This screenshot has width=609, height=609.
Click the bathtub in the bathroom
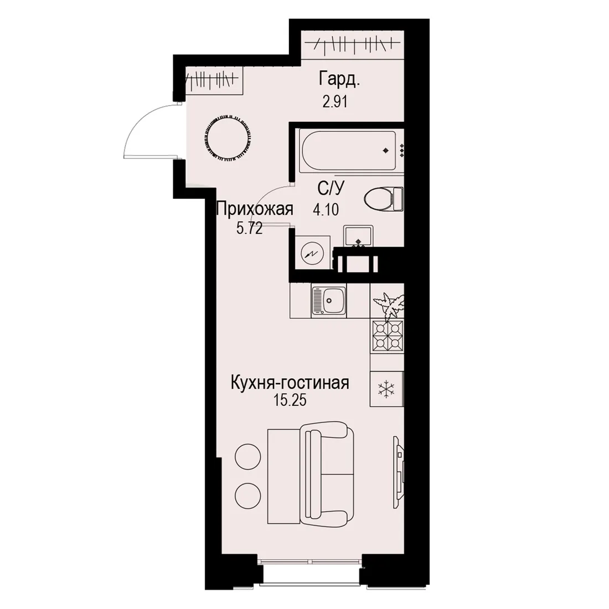point(349,151)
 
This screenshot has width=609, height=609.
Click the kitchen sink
point(328,301)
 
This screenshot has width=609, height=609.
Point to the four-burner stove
point(387,337)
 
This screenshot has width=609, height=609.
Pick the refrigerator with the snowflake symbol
point(387,389)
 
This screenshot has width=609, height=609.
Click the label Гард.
point(339,79)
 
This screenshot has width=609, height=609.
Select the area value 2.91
point(334,101)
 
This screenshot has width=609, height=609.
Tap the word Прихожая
point(255,210)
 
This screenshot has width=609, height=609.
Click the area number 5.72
point(250,229)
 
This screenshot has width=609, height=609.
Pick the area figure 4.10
point(326,210)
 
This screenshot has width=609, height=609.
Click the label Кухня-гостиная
point(290,383)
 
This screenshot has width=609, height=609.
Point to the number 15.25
point(290,400)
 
